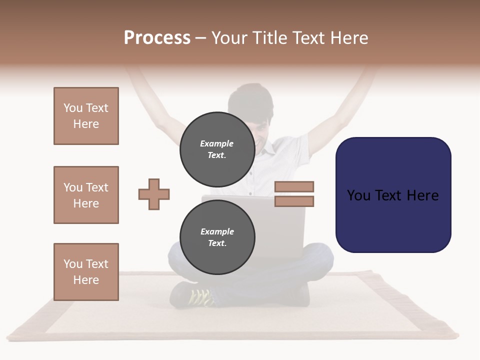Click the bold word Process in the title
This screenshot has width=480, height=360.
(157, 38)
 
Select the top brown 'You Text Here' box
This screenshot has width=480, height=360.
(86, 116)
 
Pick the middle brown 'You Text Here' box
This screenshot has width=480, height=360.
(86, 195)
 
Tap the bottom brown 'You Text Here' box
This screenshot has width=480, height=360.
(86, 272)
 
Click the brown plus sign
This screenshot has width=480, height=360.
(154, 194)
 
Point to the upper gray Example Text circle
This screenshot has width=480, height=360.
(217, 149)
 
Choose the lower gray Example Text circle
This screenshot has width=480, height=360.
(217, 237)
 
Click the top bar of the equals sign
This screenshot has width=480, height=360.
(294, 186)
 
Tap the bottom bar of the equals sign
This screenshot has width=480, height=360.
(294, 201)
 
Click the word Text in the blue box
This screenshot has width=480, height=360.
(393, 195)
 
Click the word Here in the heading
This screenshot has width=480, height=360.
(349, 38)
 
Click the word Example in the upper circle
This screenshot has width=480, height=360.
(217, 143)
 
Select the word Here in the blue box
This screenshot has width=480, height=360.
(422, 195)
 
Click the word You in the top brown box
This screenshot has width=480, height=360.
(73, 108)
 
